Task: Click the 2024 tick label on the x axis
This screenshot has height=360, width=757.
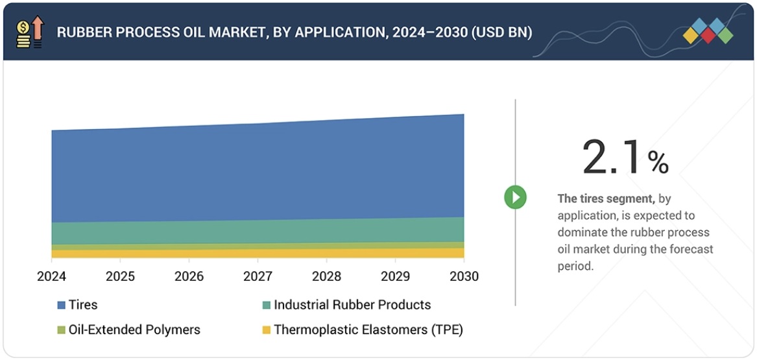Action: [51, 277]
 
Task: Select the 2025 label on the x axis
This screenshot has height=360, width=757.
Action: [120, 277]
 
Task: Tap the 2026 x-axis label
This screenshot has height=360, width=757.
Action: [189, 277]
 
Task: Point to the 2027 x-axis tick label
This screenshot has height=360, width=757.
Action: [258, 277]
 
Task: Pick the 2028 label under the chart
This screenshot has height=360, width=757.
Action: [326, 277]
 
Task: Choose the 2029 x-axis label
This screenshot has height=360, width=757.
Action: [395, 277]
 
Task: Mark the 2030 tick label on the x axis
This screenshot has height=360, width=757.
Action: [464, 277]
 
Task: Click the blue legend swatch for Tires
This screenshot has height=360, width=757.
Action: [61, 305]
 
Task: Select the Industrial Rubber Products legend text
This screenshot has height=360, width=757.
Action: [352, 305]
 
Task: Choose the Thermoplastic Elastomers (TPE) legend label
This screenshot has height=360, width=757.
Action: [368, 330]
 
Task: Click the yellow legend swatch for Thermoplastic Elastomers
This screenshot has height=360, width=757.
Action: [266, 330]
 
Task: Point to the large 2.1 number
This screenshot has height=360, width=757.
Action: [612, 158]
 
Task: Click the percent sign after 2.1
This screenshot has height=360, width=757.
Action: [658, 163]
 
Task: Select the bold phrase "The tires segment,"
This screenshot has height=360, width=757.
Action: [606, 198]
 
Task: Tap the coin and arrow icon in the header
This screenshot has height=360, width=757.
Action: [29, 32]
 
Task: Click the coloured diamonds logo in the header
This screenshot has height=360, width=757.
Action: [708, 31]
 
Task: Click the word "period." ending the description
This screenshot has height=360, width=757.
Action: [575, 266]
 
